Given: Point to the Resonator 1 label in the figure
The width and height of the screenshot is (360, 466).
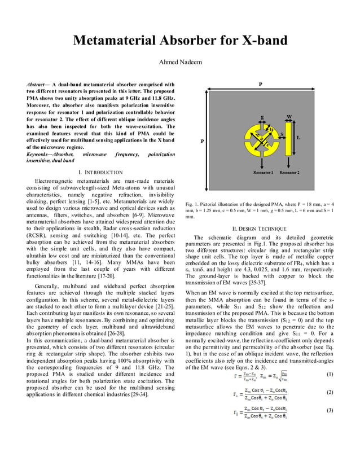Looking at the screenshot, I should coord(264,172).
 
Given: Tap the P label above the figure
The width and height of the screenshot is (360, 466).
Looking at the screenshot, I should coord(260,83).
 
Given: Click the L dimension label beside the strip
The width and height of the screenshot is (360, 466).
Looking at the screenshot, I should coord(298,137).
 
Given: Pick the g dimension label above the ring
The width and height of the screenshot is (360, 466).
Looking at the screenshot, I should coord(262,117).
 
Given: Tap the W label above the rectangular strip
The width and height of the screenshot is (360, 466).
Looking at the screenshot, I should coord(289,117).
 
